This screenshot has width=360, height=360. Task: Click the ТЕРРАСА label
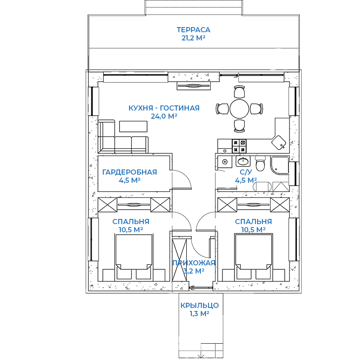(193, 30)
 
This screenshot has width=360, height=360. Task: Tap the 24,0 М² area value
(164, 116)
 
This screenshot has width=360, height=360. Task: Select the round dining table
(239, 109)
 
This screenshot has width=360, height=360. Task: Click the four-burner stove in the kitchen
(239, 146)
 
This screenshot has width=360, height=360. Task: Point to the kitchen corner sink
(279, 142)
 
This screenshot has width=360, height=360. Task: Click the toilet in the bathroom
(260, 163)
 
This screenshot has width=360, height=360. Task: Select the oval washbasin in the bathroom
(243, 161)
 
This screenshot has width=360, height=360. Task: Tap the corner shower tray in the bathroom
(280, 166)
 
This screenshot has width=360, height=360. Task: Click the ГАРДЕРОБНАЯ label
(129, 172)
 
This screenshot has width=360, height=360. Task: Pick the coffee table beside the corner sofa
(133, 126)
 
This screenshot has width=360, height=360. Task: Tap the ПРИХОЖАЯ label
(194, 263)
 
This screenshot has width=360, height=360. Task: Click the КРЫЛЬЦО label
(200, 305)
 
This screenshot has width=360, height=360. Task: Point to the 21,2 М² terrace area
(193, 38)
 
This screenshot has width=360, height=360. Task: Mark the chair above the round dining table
(239, 92)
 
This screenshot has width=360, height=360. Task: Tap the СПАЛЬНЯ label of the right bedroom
(253, 222)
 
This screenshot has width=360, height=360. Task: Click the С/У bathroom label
(246, 172)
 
